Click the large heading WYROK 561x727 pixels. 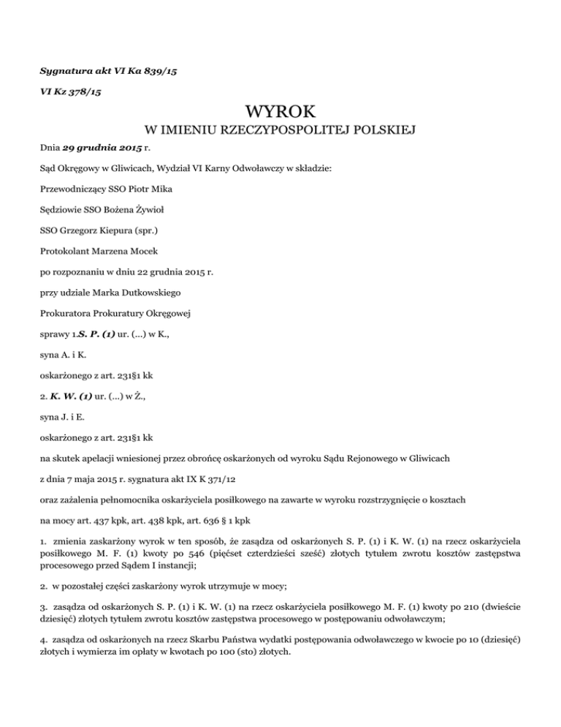coord(280,114)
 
